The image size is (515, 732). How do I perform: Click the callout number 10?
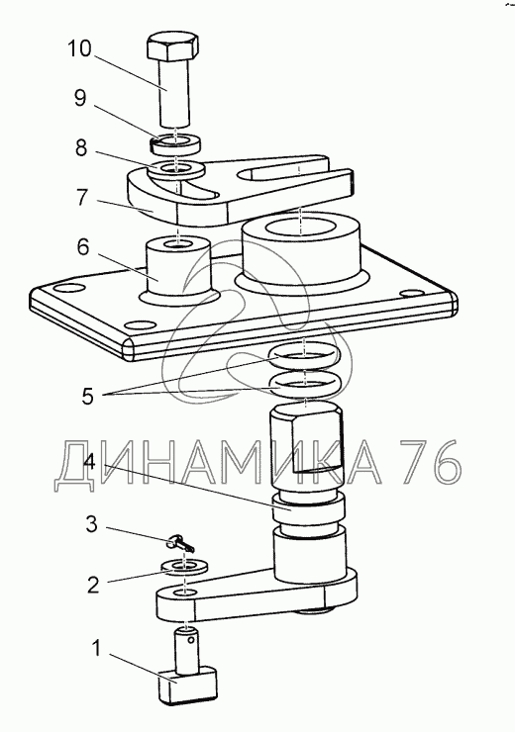click(x=80, y=48)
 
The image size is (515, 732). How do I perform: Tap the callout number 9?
click(x=80, y=98)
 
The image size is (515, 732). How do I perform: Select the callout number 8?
click(x=81, y=148)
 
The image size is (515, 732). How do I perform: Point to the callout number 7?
click(x=82, y=198)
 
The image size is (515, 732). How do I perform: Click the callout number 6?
click(x=83, y=247)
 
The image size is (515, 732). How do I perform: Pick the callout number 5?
click(x=88, y=396)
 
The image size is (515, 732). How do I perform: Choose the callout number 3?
click(x=91, y=524)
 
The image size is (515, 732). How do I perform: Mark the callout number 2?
click(x=93, y=585)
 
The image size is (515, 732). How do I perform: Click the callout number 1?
click(x=96, y=649)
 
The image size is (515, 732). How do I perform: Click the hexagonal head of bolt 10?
click(x=173, y=46)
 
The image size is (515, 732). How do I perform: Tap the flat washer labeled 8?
click(x=175, y=169)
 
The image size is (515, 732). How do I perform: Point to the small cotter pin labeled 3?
click(x=180, y=544)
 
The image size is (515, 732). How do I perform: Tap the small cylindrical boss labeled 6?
click(x=178, y=271)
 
